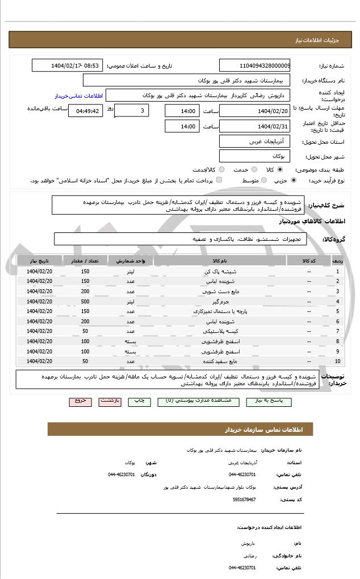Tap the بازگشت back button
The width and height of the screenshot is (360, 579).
[x=110, y=401]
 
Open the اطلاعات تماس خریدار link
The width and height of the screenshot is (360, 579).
[x=73, y=96]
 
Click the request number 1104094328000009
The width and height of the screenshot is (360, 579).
[x=254, y=66]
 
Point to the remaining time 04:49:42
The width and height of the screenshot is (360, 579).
[x=86, y=111]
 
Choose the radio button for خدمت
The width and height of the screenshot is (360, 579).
[x=254, y=169]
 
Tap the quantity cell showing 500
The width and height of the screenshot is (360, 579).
[x=85, y=301]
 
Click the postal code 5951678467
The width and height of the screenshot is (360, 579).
[x=244, y=499]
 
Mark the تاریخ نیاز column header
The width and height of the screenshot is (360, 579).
[x=40, y=261]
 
